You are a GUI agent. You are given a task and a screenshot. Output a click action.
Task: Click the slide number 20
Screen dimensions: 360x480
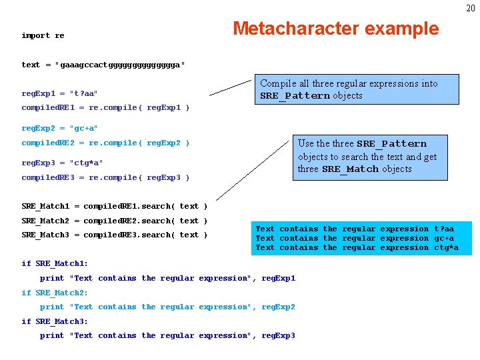coord(471,8)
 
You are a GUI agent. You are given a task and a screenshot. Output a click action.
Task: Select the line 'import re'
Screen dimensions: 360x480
coord(43,35)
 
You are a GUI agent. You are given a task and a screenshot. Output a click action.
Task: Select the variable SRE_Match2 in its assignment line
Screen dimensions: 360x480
coord(45,221)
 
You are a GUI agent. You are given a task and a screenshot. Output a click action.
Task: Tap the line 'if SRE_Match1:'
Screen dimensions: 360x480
coord(55,263)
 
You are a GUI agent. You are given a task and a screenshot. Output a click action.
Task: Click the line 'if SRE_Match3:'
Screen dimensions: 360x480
coord(55,321)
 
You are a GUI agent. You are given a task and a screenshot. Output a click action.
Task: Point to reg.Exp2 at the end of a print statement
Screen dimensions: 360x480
coord(278,307)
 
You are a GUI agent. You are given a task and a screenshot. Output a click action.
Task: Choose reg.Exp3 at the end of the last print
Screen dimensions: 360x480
coord(278,335)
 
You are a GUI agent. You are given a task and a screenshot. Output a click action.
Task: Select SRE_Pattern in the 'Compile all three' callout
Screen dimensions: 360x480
coord(295,96)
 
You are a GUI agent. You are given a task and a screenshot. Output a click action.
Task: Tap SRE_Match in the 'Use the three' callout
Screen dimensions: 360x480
coord(350,169)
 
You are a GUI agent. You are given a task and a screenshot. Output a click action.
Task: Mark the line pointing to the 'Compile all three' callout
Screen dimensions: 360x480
coord(231,88)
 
